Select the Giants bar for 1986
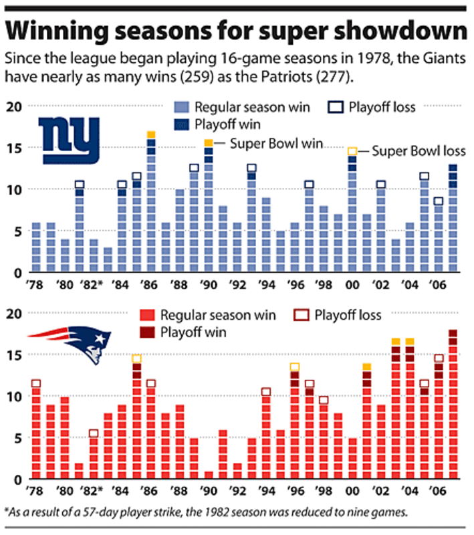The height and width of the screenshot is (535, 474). [x=151, y=204]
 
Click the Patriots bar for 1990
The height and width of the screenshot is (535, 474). [x=208, y=475]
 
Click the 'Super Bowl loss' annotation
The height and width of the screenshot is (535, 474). [x=419, y=151]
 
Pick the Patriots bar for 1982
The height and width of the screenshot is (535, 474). [x=94, y=457]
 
